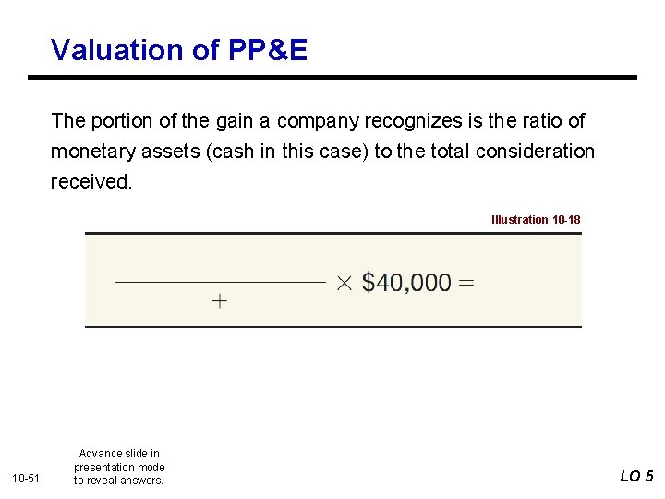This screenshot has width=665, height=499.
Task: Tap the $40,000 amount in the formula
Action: tap(406, 282)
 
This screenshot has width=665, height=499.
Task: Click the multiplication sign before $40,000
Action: tap(344, 282)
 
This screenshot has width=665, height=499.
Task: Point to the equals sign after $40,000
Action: tap(466, 282)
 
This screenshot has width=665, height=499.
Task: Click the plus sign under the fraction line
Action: tap(220, 301)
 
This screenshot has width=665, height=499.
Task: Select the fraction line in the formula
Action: tap(220, 281)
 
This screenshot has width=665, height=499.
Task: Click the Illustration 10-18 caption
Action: tap(536, 220)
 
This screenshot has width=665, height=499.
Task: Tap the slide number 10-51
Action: tap(25, 477)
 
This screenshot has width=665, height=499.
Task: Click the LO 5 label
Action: tap(636, 476)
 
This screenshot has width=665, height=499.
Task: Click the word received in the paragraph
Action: tap(91, 181)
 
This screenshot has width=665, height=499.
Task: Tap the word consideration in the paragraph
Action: tap(536, 151)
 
